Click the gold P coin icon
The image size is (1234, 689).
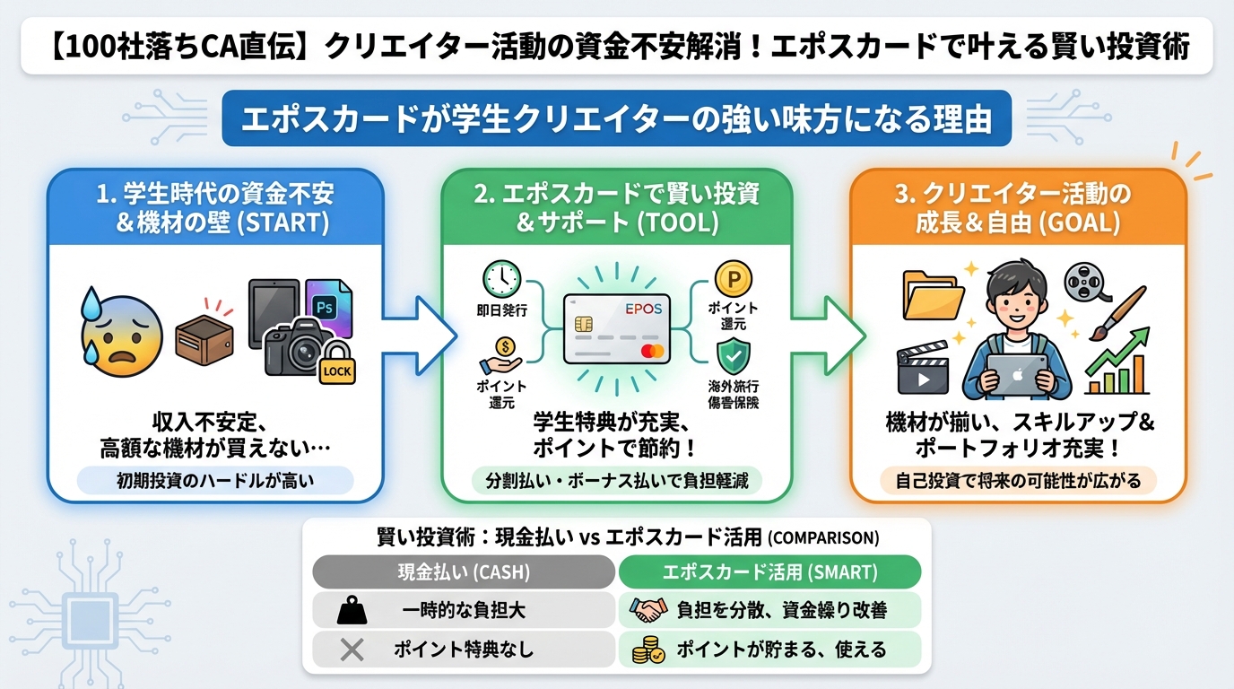click(733, 279)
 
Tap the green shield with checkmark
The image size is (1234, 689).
click(733, 356)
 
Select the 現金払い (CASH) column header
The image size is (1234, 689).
click(464, 571)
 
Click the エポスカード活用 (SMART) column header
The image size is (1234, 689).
click(769, 571)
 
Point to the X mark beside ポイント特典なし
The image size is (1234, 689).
click(352, 650)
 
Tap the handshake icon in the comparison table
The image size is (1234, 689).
click(648, 611)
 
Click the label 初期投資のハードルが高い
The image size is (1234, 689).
click(215, 482)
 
